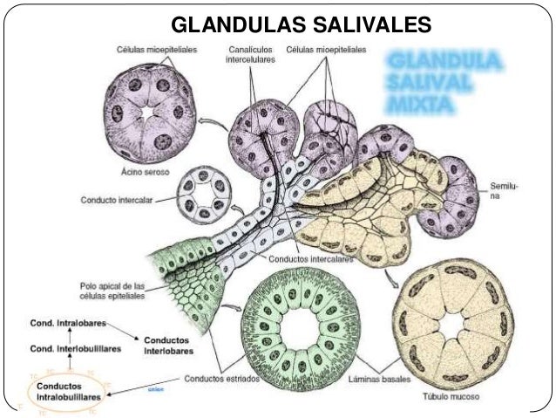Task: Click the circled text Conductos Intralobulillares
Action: [x=68, y=390]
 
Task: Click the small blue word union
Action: [x=156, y=389]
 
